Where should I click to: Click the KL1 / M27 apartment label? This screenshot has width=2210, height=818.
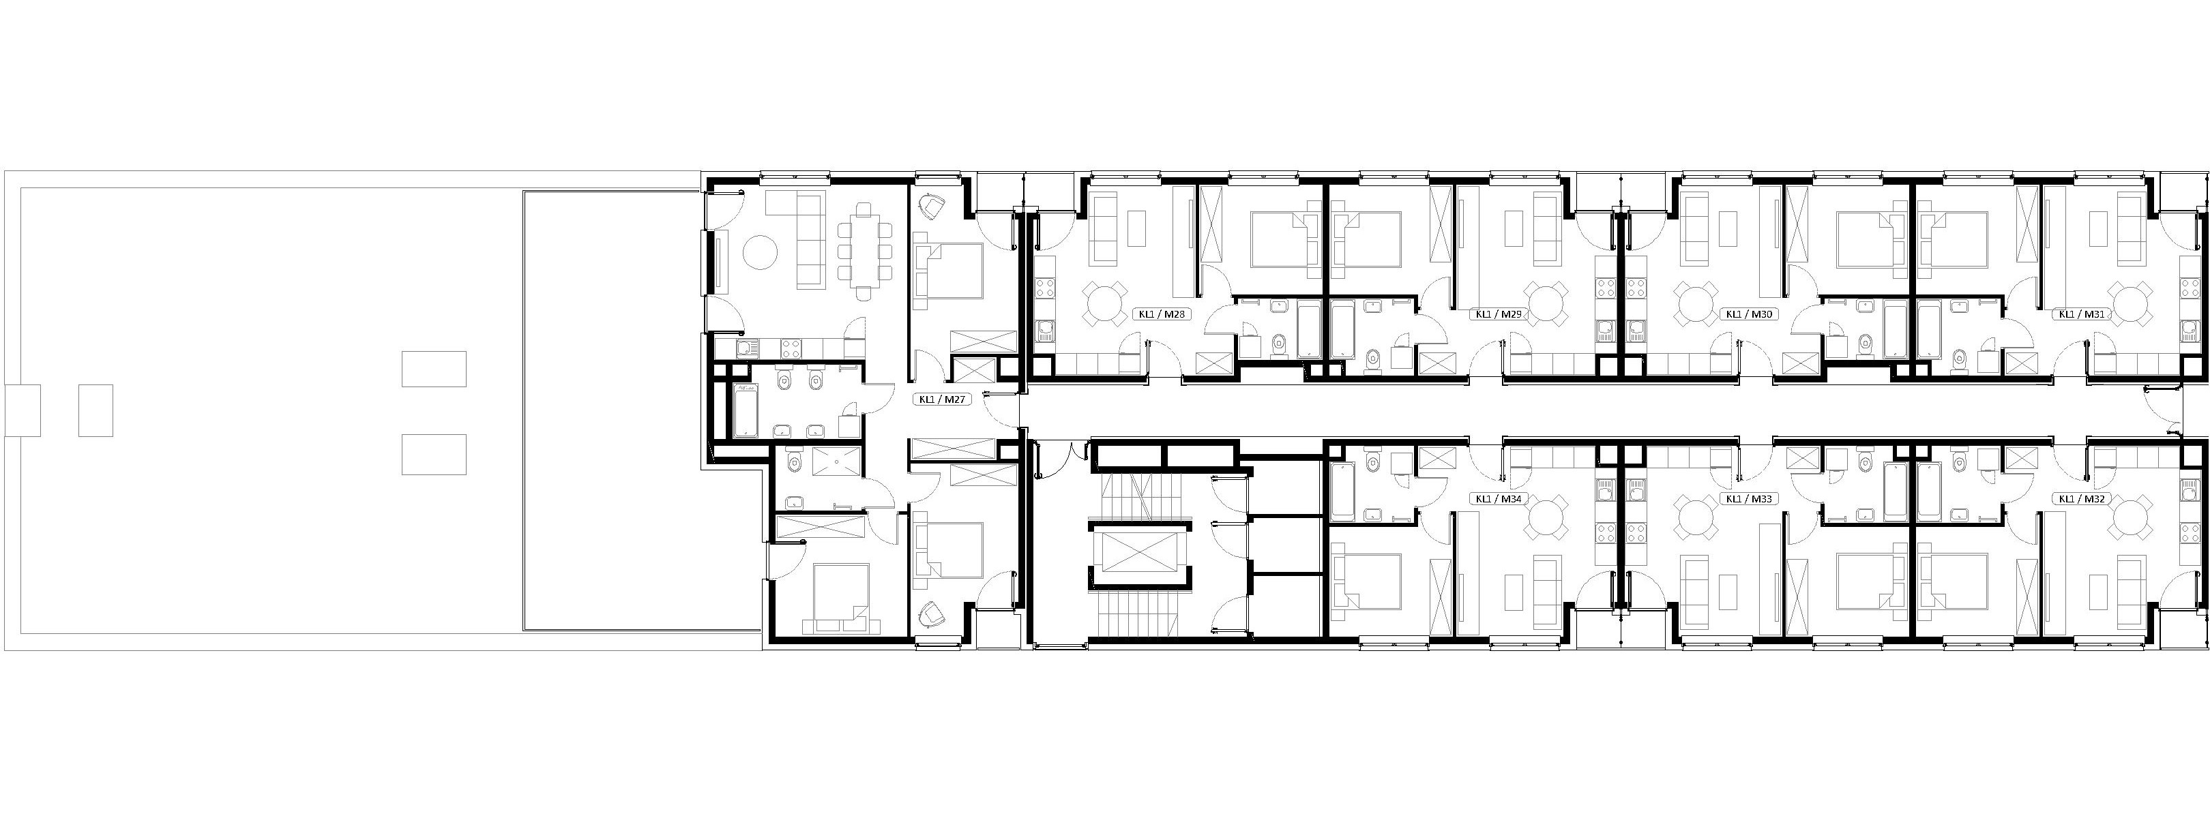[x=944, y=399]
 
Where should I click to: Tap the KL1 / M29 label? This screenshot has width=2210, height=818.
[x=1498, y=314]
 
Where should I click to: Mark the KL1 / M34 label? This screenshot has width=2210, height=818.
[x=1498, y=498]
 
